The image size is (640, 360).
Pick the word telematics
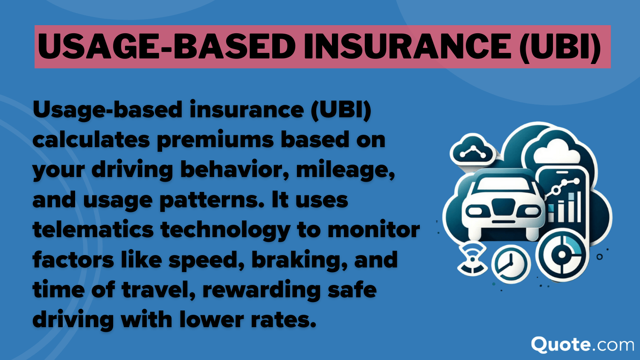[93, 230]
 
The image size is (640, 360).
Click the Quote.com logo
[582, 344]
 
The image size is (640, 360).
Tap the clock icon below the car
[511, 264]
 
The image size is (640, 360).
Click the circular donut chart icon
[562, 255]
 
